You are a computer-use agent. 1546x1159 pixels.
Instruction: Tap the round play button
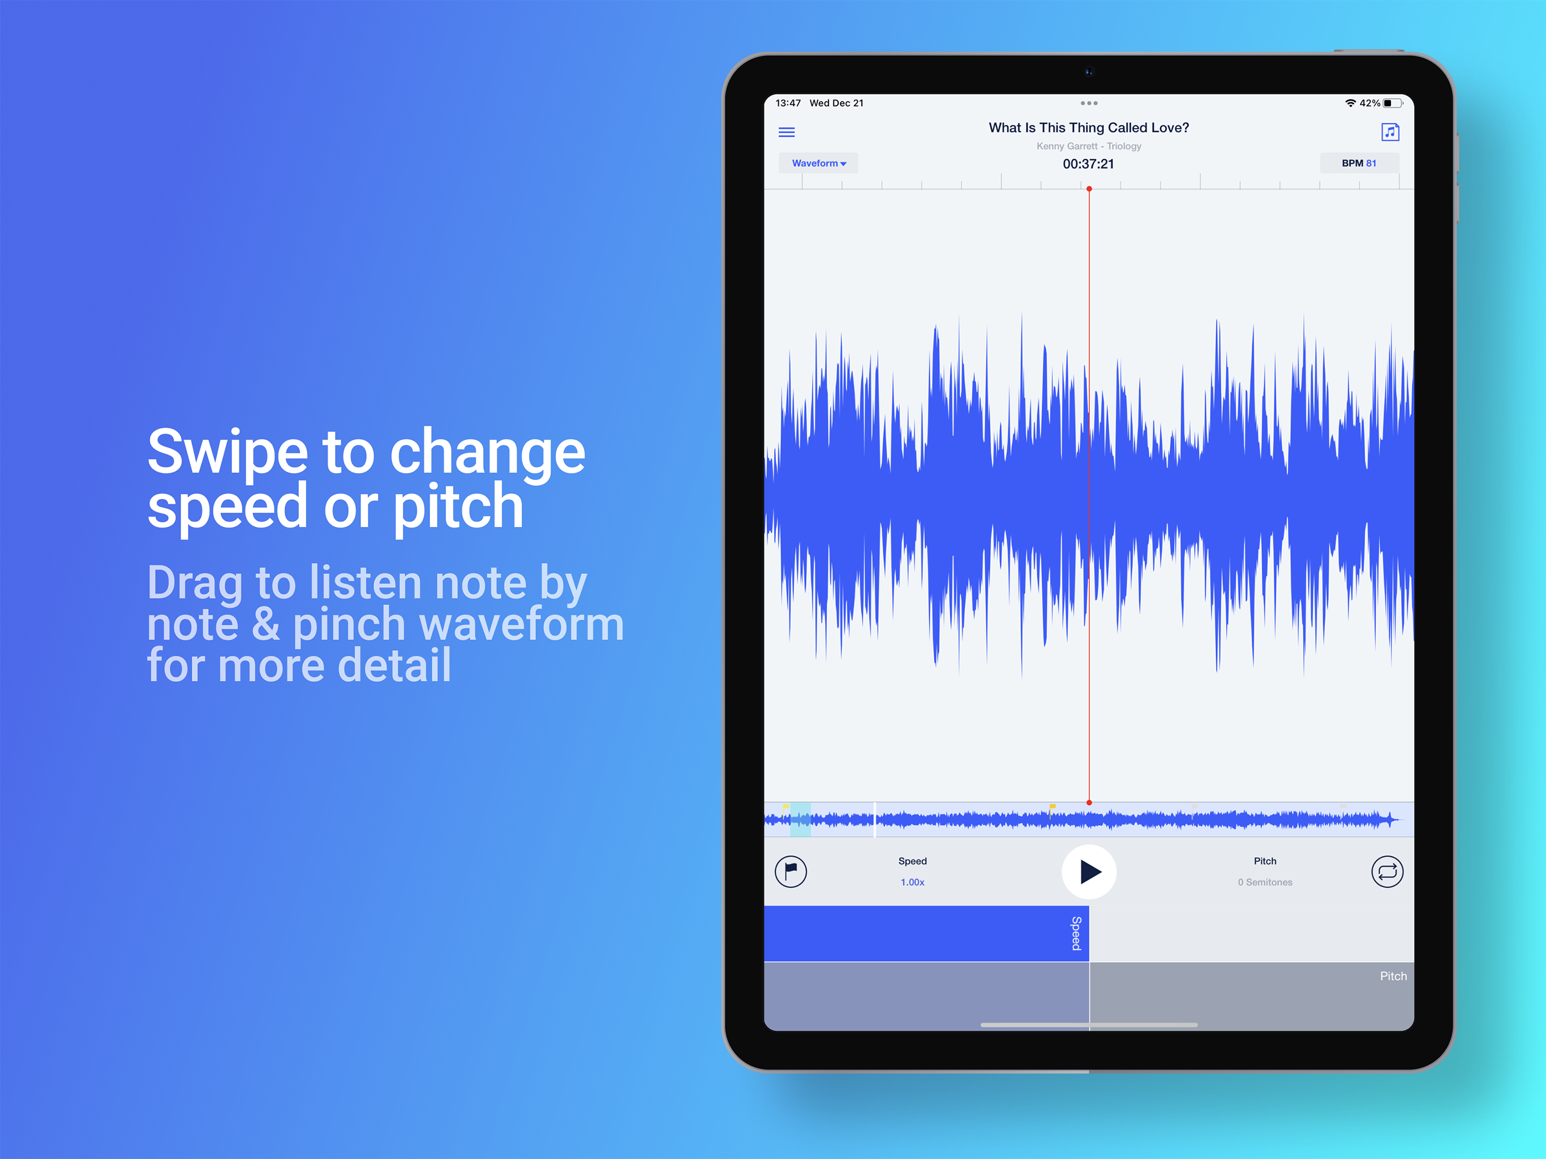pos(1088,872)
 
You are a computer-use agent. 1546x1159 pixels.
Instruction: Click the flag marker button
pos(791,872)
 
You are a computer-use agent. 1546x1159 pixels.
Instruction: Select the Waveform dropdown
pos(818,163)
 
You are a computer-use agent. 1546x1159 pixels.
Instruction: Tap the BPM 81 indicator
pos(1359,163)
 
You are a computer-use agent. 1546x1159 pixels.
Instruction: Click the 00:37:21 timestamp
pos(1088,164)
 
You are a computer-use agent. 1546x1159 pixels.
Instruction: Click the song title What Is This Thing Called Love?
pos(1088,128)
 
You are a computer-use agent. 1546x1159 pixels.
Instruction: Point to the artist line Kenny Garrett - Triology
pos(1088,146)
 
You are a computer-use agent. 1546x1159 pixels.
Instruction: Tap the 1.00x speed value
pos(912,882)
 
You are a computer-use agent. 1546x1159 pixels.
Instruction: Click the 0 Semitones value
pos(1264,882)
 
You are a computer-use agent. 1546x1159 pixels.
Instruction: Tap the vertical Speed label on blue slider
pos(1076,933)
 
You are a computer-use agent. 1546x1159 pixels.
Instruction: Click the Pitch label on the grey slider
pos(1393,976)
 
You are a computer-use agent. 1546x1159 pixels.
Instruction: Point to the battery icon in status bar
pos(1392,104)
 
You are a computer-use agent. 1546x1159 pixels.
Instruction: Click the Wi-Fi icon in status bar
pos(1350,104)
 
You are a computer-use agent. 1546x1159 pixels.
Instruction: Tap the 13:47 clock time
pos(788,104)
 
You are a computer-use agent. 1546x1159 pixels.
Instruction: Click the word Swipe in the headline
pos(227,453)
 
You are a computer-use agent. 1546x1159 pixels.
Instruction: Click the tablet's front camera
pos(1088,71)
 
